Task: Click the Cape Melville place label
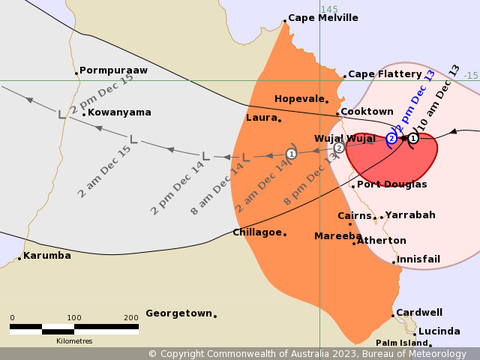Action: (x=323, y=18)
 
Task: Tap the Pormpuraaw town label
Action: (x=113, y=70)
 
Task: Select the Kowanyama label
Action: (x=119, y=112)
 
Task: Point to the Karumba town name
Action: (x=46, y=256)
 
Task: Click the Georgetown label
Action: (x=178, y=313)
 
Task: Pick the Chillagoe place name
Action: (x=257, y=232)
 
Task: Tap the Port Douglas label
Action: (x=391, y=184)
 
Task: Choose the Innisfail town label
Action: (x=418, y=259)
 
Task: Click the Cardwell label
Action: (x=419, y=313)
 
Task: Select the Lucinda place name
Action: (x=439, y=331)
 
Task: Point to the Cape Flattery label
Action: (x=385, y=74)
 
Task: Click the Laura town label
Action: (x=261, y=118)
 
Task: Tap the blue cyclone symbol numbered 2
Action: (x=391, y=139)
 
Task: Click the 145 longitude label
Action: (x=329, y=9)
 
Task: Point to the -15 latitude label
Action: (x=470, y=76)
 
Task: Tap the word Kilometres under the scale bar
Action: (x=74, y=341)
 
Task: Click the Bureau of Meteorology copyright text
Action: (x=307, y=354)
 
